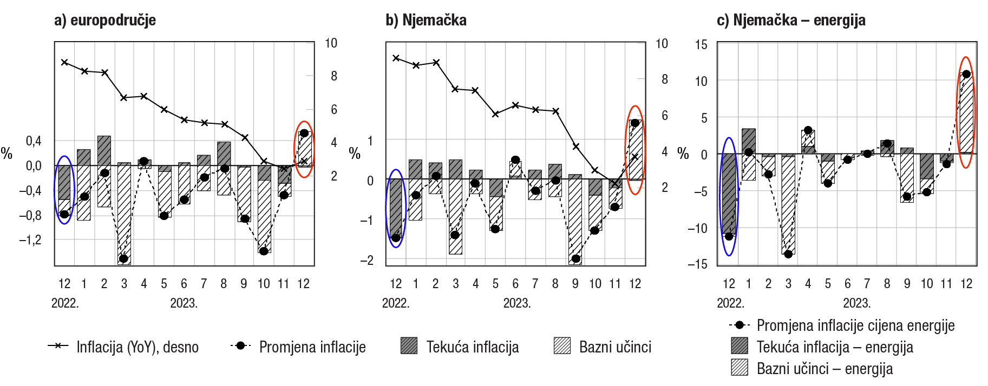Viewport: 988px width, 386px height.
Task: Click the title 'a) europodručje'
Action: coord(105,21)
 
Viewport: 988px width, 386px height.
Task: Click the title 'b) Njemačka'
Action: coord(426,21)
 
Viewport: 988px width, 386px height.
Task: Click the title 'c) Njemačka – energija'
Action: coord(791,21)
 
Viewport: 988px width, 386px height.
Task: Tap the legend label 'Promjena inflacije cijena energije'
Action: coord(855,325)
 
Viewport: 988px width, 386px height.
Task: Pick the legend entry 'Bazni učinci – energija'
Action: coord(825,369)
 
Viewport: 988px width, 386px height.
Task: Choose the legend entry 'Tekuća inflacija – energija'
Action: coord(835,347)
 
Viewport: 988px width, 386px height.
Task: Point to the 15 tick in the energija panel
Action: coord(701,45)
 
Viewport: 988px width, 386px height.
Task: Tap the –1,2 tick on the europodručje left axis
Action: coord(30,240)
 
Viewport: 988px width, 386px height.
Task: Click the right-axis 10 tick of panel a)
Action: coord(331,43)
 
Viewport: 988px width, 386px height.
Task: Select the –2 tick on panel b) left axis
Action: coord(367,260)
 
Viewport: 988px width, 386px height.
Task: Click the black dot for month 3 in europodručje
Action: coord(123,258)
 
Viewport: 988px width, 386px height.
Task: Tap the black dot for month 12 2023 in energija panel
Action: coord(966,74)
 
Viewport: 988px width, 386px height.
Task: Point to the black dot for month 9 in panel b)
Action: coord(575,258)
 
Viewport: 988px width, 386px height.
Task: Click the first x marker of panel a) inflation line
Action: coord(64,62)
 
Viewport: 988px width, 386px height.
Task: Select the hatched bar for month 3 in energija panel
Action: coord(788,205)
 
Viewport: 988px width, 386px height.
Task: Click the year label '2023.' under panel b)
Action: coord(516,303)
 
